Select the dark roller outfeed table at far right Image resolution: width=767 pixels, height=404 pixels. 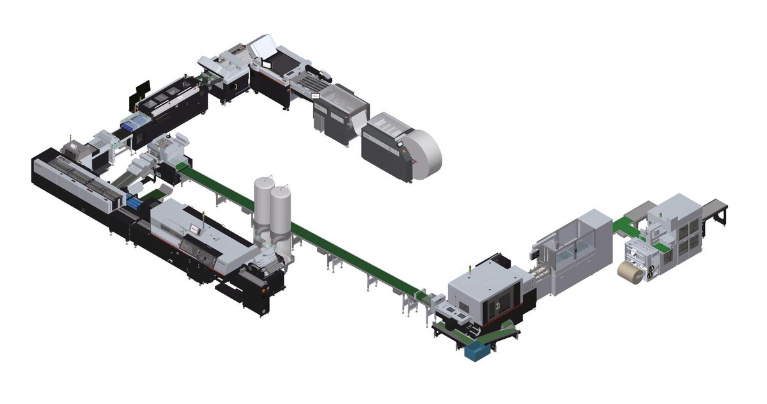click(x=716, y=212)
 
